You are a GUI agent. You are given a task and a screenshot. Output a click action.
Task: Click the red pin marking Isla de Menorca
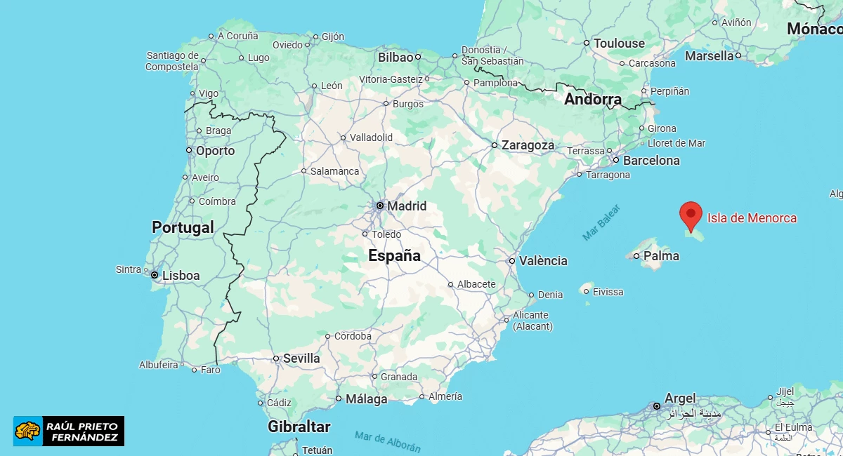point(691,214)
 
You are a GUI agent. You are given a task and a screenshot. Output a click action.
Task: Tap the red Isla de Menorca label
point(752,218)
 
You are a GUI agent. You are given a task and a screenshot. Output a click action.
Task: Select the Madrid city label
point(407,206)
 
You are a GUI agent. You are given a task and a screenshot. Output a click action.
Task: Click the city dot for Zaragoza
point(495,145)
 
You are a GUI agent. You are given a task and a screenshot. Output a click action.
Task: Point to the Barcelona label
point(651,161)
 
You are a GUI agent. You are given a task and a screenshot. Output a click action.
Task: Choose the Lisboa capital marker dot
point(155,275)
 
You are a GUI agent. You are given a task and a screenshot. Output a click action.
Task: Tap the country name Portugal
point(183,227)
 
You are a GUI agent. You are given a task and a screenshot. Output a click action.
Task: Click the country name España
point(394,256)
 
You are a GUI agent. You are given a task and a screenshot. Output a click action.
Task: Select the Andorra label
point(593,100)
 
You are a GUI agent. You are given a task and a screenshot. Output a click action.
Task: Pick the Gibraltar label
point(299,427)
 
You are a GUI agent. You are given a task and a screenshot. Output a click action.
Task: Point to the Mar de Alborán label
point(388,441)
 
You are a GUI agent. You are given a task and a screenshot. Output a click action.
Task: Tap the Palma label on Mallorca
point(661,256)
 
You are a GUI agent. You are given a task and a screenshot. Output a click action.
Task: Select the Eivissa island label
point(608,292)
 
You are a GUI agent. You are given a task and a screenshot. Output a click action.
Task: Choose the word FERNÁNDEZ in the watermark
point(84,438)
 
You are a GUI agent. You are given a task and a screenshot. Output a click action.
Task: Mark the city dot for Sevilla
point(276,358)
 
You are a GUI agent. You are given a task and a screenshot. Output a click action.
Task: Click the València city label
point(543,261)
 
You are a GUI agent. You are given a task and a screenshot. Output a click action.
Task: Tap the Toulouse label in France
point(619,43)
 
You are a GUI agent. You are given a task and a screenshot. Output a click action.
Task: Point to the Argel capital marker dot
point(656,405)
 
